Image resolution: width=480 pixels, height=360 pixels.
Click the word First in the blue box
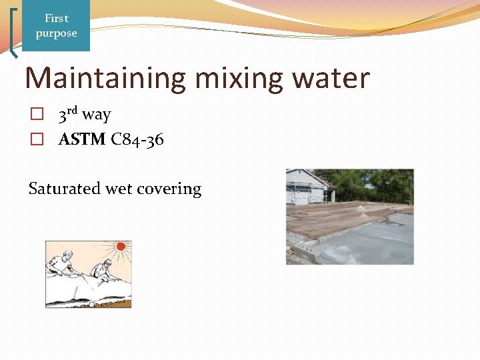pyautogui.click(x=57, y=19)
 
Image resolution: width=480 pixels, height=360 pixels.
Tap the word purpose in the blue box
pyautogui.click(x=57, y=33)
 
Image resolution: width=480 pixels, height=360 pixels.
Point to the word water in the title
pyautogui.click(x=333, y=78)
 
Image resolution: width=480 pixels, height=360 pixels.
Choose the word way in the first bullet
pyautogui.click(x=97, y=115)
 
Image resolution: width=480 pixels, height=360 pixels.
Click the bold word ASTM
pyautogui.click(x=82, y=139)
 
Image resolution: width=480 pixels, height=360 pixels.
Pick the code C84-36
pyautogui.click(x=137, y=139)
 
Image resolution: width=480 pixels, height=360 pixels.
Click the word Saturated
pyautogui.click(x=65, y=189)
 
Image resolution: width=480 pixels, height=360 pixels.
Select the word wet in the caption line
pyautogui.click(x=119, y=189)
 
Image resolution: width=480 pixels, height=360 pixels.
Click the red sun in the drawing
pyautogui.click(x=121, y=246)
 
